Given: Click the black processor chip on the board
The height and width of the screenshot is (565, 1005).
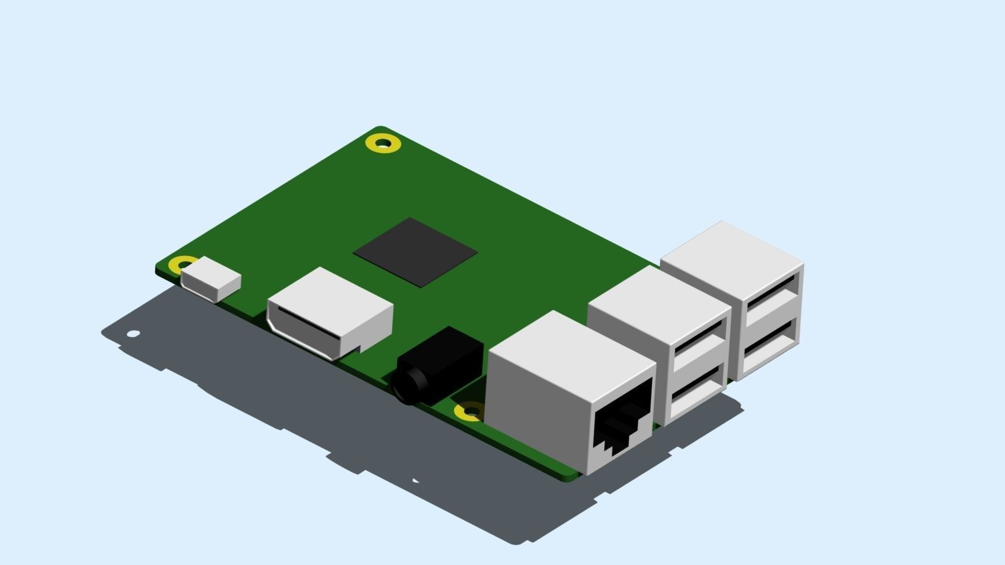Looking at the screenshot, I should pyautogui.click(x=415, y=252).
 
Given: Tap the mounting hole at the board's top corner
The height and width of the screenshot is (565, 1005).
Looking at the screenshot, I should pyautogui.click(x=383, y=143).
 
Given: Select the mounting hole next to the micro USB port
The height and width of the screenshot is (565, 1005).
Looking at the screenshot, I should pyautogui.click(x=183, y=263).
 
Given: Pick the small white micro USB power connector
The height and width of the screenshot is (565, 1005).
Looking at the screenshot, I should pyautogui.click(x=211, y=280).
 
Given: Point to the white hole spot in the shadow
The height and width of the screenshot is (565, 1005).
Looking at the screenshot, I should pyautogui.click(x=133, y=333).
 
